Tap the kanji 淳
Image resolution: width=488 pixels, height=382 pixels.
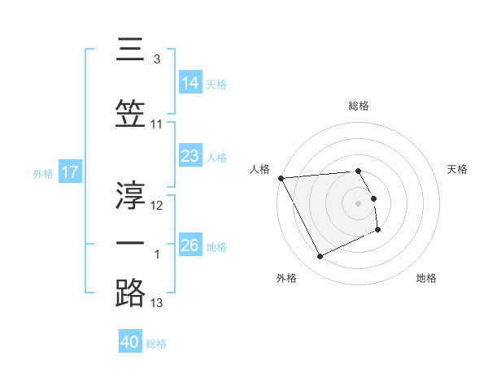(131, 194)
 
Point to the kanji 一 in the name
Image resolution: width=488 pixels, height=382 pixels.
(131, 244)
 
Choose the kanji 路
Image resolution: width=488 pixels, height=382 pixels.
(131, 292)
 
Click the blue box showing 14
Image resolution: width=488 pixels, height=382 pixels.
(190, 83)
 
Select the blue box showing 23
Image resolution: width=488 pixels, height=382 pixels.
(190, 156)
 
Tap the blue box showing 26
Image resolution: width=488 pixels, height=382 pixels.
(190, 245)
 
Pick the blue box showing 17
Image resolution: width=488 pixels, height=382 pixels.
(69, 172)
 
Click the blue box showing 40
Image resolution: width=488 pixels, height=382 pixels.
(130, 342)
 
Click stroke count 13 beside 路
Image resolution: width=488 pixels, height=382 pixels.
(158, 303)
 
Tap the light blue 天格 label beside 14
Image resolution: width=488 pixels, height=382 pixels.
(216, 85)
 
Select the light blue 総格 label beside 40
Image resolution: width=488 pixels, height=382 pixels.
(157, 344)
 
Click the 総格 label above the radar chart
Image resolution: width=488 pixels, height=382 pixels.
(359, 106)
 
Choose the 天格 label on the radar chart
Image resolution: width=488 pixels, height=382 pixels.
(458, 169)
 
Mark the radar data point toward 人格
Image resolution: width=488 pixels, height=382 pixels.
(281, 178)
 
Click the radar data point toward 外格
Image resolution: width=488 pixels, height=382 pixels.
(320, 257)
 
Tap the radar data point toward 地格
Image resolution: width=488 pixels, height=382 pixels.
(378, 230)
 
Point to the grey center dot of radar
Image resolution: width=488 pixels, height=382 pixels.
(359, 202)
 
